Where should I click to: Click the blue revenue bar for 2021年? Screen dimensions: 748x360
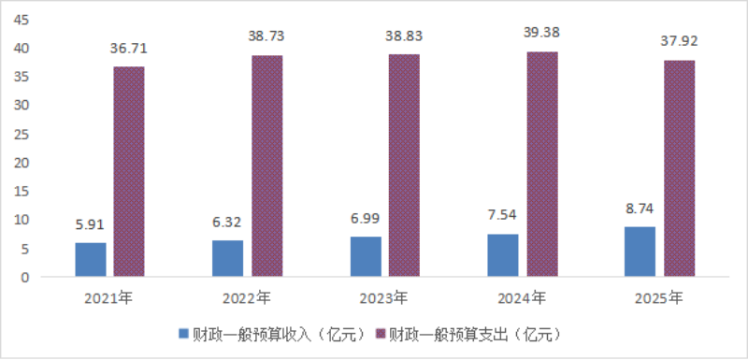[91, 259]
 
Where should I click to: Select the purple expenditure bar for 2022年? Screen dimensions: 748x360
[267, 166]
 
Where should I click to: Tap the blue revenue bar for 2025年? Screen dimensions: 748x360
[640, 252]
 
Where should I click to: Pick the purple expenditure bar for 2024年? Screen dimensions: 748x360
[542, 164]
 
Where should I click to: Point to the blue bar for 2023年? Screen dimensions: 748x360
[366, 256]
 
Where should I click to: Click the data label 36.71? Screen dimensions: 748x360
[129, 49]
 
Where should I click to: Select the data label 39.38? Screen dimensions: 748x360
[543, 33]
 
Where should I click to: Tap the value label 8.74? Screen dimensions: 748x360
[640, 209]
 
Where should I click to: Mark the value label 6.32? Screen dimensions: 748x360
[227, 223]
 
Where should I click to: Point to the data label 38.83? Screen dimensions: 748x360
[405, 36]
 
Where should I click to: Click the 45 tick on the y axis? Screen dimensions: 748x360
[22, 20]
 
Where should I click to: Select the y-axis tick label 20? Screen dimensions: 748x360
[22, 163]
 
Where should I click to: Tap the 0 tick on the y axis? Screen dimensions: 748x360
[26, 278]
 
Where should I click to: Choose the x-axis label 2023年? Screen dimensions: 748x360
[384, 298]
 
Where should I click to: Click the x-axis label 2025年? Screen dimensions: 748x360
[659, 298]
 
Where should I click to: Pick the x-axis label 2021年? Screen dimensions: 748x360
[108, 298]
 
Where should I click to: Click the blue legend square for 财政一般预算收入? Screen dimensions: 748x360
[183, 334]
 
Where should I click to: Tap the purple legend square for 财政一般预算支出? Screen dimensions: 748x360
[381, 334]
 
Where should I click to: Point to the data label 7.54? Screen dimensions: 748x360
[503, 216]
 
